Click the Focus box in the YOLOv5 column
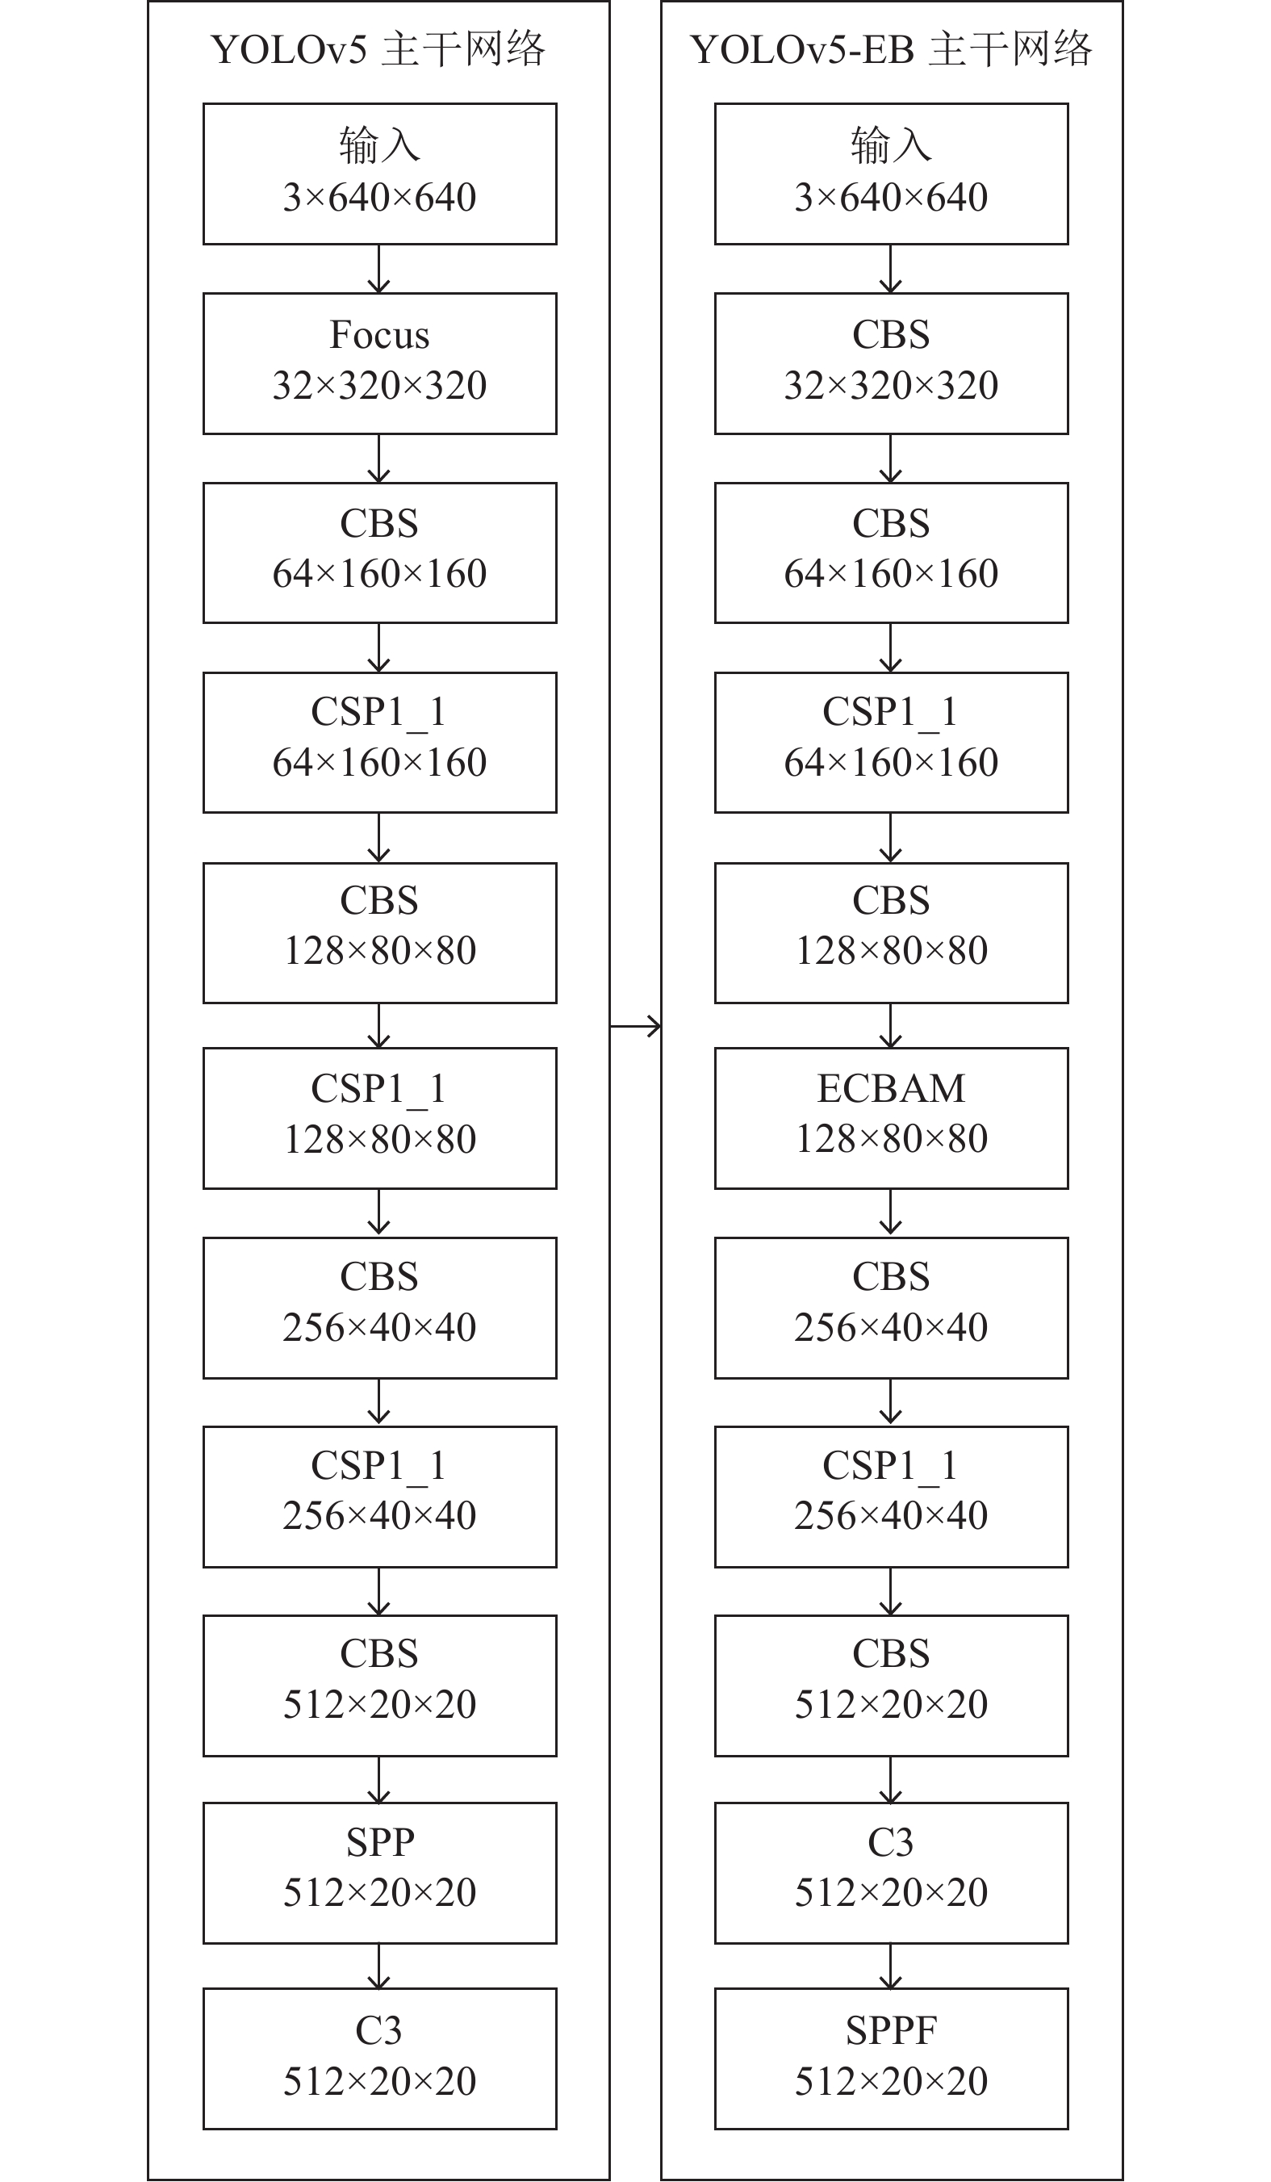[x=379, y=363]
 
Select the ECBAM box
[x=891, y=1118]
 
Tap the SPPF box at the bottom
[x=891, y=2058]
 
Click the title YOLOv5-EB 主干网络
[x=891, y=49]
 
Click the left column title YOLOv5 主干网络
[x=378, y=49]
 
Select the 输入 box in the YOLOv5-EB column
[x=891, y=174]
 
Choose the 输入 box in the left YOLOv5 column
[x=379, y=174]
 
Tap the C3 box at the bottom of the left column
[x=379, y=2058]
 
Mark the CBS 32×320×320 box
[x=891, y=363]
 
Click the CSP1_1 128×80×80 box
[x=379, y=1118]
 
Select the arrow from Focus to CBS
[x=379, y=458]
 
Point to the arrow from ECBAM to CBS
[x=891, y=1212]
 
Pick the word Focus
[x=379, y=335]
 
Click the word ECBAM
[x=891, y=1088]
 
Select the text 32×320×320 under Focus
[x=379, y=385]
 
